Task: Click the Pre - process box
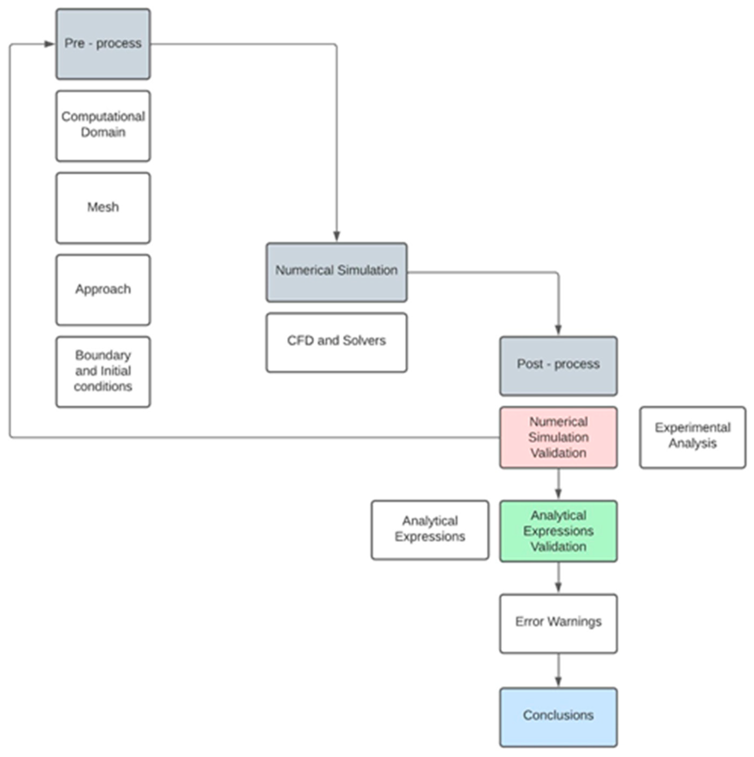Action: (103, 44)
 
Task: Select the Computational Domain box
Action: (103, 126)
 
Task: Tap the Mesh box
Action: (103, 208)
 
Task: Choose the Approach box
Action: (103, 290)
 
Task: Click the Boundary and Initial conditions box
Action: (103, 371)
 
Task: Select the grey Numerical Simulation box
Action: (336, 272)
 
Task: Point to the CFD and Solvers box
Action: (336, 342)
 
